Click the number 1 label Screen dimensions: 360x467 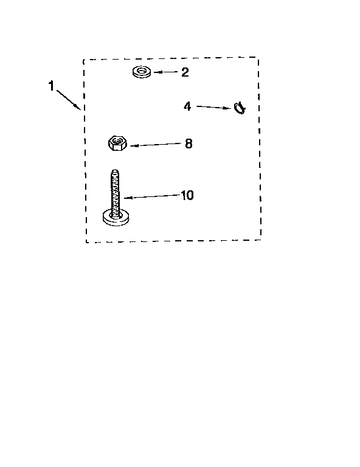[51, 86]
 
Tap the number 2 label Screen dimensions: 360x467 [185, 72]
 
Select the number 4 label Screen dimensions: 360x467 [187, 106]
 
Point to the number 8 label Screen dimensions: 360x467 [189, 144]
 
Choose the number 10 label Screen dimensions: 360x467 [187, 195]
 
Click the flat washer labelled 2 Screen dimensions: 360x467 [142, 72]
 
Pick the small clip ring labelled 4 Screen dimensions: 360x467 [240, 108]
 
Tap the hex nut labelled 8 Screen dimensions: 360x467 [117, 143]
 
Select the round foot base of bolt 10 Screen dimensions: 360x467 [116, 217]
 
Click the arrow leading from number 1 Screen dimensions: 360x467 [68, 100]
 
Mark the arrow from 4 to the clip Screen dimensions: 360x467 [213, 107]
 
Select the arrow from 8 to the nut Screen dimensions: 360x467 [155, 145]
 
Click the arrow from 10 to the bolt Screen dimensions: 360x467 [152, 196]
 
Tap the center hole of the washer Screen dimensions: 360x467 [142, 71]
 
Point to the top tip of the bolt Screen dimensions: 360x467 [115, 170]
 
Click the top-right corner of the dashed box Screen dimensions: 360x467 [258, 57]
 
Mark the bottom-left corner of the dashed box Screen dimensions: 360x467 [86, 242]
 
